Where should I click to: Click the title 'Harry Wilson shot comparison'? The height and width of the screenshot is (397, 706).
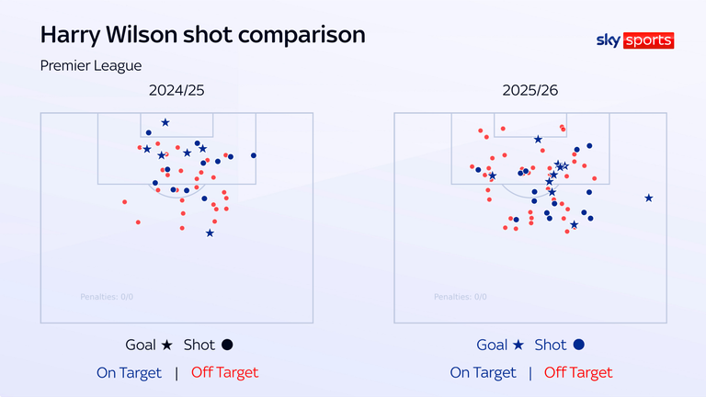(x=202, y=36)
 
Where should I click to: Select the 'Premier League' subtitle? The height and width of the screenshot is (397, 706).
(x=90, y=65)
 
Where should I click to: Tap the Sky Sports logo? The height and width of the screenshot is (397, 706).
(x=634, y=40)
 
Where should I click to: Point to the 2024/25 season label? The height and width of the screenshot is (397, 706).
(x=176, y=92)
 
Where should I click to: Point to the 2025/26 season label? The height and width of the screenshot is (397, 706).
(x=529, y=92)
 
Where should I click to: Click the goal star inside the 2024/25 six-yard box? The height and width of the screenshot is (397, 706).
(x=165, y=122)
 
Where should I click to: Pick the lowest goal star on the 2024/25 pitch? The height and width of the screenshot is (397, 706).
(x=210, y=233)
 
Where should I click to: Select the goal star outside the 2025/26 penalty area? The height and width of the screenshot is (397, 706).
(x=649, y=198)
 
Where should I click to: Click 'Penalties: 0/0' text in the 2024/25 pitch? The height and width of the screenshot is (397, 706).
(x=108, y=297)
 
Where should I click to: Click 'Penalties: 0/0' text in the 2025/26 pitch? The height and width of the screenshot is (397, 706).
(x=461, y=297)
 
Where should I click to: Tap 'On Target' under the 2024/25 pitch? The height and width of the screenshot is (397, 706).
(x=130, y=372)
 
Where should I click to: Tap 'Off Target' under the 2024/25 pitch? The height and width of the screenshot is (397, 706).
(x=224, y=372)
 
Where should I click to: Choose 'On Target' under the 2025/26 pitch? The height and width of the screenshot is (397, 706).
(x=483, y=372)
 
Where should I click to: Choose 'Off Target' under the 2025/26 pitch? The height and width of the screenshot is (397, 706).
(x=577, y=372)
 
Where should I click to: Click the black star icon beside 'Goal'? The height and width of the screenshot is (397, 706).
(x=166, y=346)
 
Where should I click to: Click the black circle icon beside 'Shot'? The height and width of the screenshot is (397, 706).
(x=227, y=346)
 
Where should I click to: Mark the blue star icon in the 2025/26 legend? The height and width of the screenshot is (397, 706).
(x=519, y=346)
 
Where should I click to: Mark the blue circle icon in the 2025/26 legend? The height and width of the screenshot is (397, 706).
(x=579, y=346)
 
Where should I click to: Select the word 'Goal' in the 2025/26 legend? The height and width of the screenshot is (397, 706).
(x=492, y=346)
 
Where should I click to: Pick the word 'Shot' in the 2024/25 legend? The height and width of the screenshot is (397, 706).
(x=199, y=346)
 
